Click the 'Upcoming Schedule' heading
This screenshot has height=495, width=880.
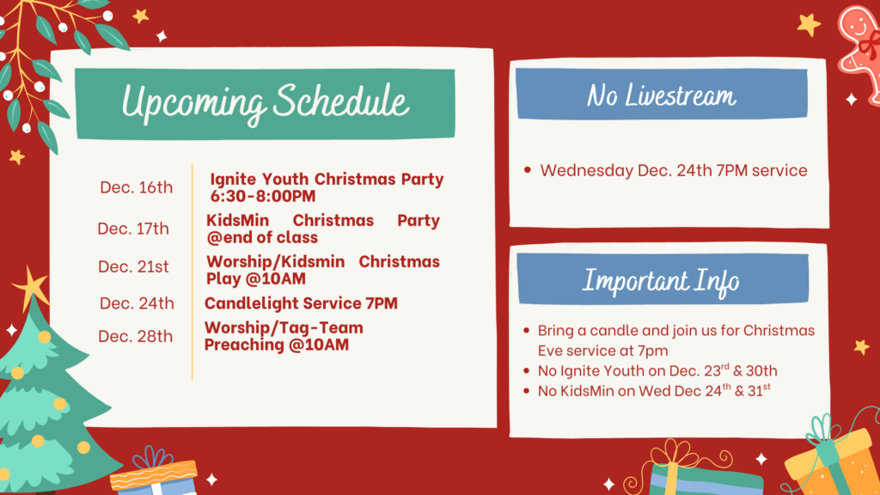coord(265,103)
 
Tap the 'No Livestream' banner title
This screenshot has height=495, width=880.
coord(661,95)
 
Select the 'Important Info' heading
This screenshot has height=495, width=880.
coord(661,281)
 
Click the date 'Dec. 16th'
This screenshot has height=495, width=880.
coord(137,187)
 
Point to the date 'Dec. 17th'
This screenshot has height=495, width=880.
coord(133,229)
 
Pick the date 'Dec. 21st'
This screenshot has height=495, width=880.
coord(133,266)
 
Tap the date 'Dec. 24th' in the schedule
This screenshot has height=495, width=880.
coord(137,303)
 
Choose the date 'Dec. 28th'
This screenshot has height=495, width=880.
coord(135,337)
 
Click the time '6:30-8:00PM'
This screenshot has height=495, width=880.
coord(263,197)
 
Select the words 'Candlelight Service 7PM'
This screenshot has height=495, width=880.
coord(301,303)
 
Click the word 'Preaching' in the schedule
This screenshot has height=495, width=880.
coord(244,345)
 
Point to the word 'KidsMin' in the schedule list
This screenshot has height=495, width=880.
coord(237,221)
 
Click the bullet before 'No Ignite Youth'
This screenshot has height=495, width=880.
coord(527,371)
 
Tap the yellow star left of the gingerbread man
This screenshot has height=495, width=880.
coord(809,25)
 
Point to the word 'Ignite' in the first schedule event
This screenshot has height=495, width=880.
coord(233,180)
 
